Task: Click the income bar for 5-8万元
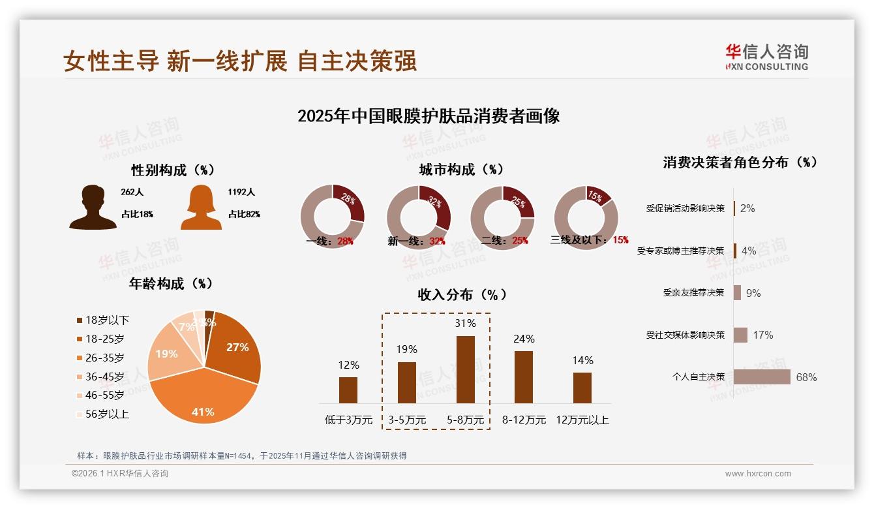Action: [465, 369]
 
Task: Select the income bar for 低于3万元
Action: [348, 390]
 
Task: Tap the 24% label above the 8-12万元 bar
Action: [523, 339]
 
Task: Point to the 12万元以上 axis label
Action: [582, 420]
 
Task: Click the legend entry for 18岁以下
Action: [103, 320]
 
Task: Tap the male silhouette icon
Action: [93, 207]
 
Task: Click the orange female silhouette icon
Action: [201, 207]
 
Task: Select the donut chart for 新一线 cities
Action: [418, 217]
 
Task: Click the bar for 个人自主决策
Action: [762, 377]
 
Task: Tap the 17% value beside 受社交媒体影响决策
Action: [762, 335]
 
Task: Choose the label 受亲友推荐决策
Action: [693, 293]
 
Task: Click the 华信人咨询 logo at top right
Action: [766, 57]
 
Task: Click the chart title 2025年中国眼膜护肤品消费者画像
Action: [429, 117]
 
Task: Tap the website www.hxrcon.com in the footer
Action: [758, 474]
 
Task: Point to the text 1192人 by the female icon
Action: [241, 193]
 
